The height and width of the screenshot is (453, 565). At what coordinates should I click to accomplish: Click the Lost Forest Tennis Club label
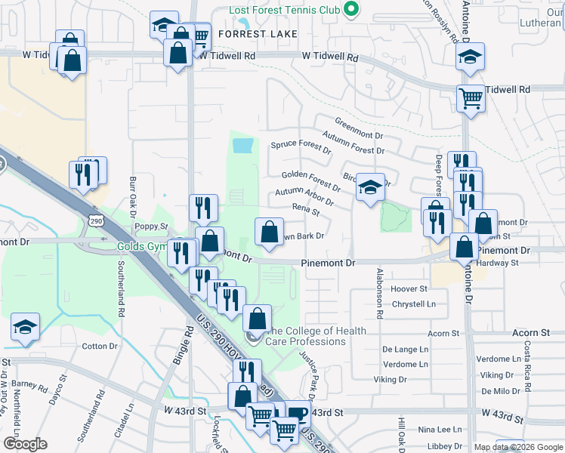coord(286,11)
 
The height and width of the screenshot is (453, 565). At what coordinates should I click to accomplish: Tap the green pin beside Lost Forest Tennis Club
coord(350,11)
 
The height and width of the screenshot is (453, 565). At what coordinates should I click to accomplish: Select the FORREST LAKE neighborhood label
coord(255,34)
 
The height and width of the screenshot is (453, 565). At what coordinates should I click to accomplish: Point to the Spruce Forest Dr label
coord(301,146)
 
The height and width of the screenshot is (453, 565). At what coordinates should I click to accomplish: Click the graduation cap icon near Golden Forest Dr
coord(370,189)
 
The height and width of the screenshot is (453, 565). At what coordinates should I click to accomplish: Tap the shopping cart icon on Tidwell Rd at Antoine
coord(470,98)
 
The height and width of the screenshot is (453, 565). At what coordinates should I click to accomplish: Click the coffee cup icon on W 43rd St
coord(298,412)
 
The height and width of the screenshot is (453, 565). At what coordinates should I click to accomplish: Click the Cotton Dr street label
coord(100,346)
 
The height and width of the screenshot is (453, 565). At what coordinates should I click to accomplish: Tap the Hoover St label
coord(409,289)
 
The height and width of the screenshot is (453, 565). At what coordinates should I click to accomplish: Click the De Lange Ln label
coord(405,350)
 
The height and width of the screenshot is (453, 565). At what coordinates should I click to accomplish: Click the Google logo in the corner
coord(25,444)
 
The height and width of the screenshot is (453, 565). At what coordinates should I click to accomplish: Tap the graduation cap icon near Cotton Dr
coord(25,328)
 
